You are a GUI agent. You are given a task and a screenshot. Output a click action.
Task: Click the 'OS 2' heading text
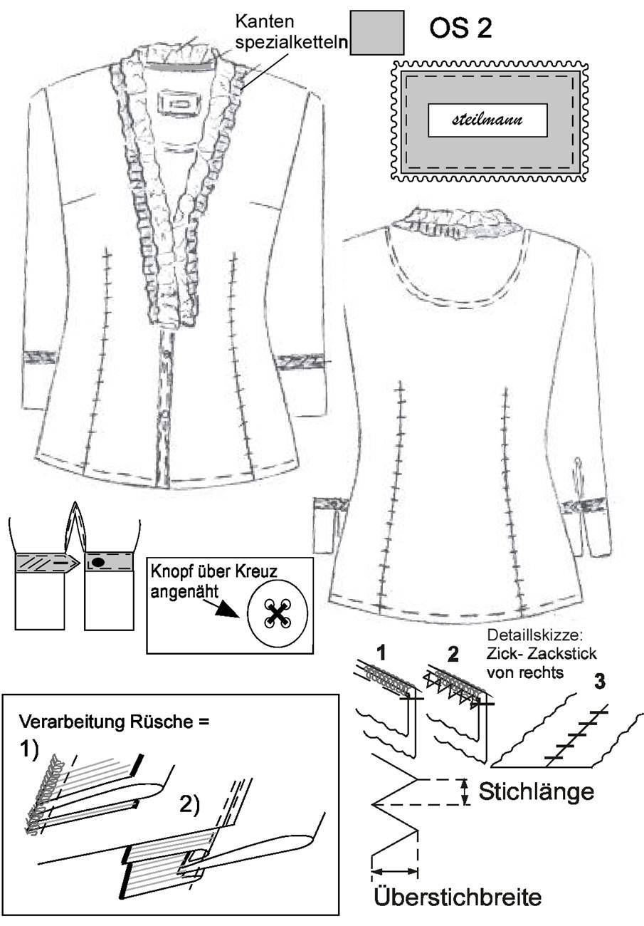click(460, 28)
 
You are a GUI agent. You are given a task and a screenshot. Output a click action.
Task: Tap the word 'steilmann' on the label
click(487, 120)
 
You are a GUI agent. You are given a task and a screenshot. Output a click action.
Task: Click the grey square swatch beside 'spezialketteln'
click(376, 33)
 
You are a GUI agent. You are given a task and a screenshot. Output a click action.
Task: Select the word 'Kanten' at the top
click(265, 21)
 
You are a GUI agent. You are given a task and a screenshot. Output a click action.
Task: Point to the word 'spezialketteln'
click(292, 43)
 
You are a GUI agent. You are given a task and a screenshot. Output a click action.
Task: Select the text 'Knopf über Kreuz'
click(213, 572)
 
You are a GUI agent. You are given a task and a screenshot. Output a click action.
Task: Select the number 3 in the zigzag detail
click(600, 681)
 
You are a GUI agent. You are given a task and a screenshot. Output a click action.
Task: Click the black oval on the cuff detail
click(98, 562)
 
